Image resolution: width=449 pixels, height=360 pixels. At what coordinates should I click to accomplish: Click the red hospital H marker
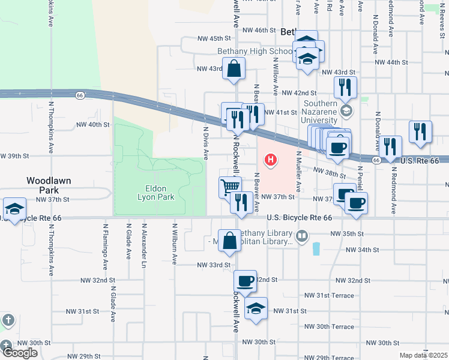click(271, 160)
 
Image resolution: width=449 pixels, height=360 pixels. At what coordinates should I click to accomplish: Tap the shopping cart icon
click(230, 187)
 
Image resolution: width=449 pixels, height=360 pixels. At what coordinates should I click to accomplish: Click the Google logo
click(19, 353)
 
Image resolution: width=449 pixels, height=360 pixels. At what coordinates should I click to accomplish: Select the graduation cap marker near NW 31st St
click(256, 308)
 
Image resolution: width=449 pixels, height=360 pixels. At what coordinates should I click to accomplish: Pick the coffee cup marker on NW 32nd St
click(245, 280)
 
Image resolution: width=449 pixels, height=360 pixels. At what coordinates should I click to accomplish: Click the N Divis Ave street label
click(206, 142)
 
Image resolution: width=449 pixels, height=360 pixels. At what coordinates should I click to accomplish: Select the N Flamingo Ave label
click(105, 246)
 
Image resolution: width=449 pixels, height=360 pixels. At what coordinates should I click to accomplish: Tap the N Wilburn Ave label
click(175, 245)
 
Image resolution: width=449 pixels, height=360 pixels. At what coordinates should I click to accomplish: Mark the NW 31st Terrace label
click(329, 295)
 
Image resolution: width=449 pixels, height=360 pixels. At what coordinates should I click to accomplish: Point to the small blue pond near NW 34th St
click(316, 248)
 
